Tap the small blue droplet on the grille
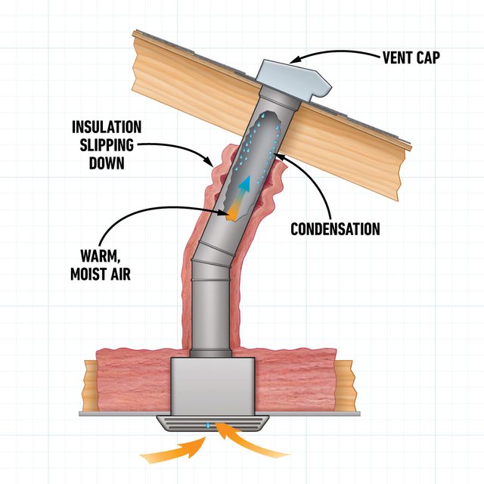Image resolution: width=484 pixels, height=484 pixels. [208, 426]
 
